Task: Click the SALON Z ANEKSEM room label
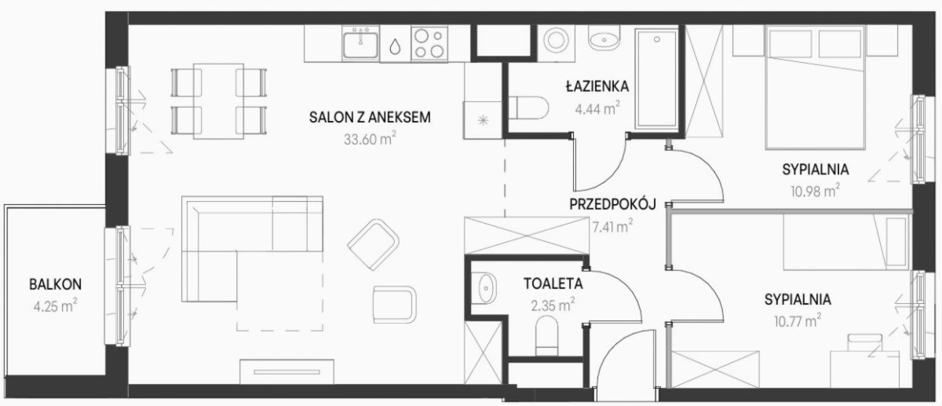tap(370, 117)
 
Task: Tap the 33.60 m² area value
tap(370, 138)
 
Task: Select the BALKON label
tap(55, 284)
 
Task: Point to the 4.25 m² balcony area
tap(55, 305)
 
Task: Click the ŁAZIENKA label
tap(597, 86)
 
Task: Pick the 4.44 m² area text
tap(597, 108)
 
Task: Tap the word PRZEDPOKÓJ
tap(613, 204)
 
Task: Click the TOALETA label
tap(553, 283)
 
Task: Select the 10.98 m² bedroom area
tap(815, 191)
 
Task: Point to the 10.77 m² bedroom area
tap(798, 321)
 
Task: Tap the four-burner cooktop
tap(429, 43)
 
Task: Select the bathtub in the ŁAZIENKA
tap(656, 79)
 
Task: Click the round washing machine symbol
tap(556, 40)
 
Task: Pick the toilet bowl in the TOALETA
tap(546, 336)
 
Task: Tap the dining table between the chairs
tap(218, 101)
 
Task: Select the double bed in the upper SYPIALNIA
tap(815, 87)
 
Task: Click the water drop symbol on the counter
tap(395, 46)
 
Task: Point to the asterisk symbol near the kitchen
tap(484, 120)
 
